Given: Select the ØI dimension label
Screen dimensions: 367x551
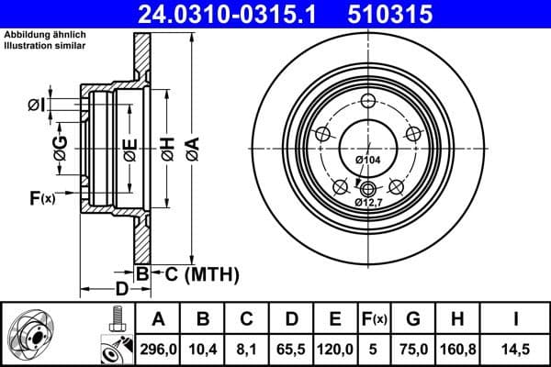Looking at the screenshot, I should point(36,104).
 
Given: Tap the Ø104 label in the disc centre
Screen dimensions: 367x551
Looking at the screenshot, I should point(367,161).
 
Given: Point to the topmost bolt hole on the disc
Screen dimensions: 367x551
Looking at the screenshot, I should point(368,102).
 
